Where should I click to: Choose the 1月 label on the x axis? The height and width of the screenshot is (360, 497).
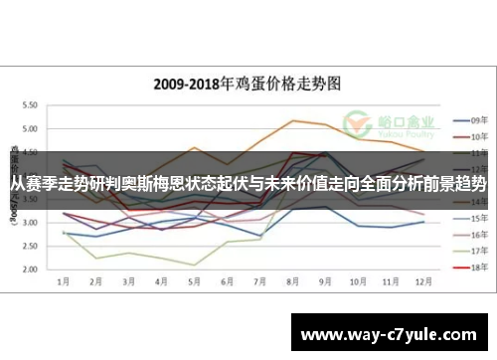63,282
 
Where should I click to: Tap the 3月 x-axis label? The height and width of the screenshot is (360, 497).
128,282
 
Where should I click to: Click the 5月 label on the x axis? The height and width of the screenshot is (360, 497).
194,282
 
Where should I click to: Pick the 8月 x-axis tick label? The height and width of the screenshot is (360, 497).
292,282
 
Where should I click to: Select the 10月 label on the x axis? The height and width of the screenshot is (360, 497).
358,282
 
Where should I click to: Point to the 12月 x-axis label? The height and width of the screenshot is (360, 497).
423,282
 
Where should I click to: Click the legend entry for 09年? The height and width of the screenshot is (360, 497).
469,117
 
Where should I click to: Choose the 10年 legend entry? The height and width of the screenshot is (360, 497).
469,135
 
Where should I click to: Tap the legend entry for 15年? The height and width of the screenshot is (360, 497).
469,217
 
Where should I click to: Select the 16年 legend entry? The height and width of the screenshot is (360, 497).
469,234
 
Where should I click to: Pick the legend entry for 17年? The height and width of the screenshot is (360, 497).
469,251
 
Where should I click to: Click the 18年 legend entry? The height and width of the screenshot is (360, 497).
469,268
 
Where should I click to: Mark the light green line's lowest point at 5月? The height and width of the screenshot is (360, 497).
194,265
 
